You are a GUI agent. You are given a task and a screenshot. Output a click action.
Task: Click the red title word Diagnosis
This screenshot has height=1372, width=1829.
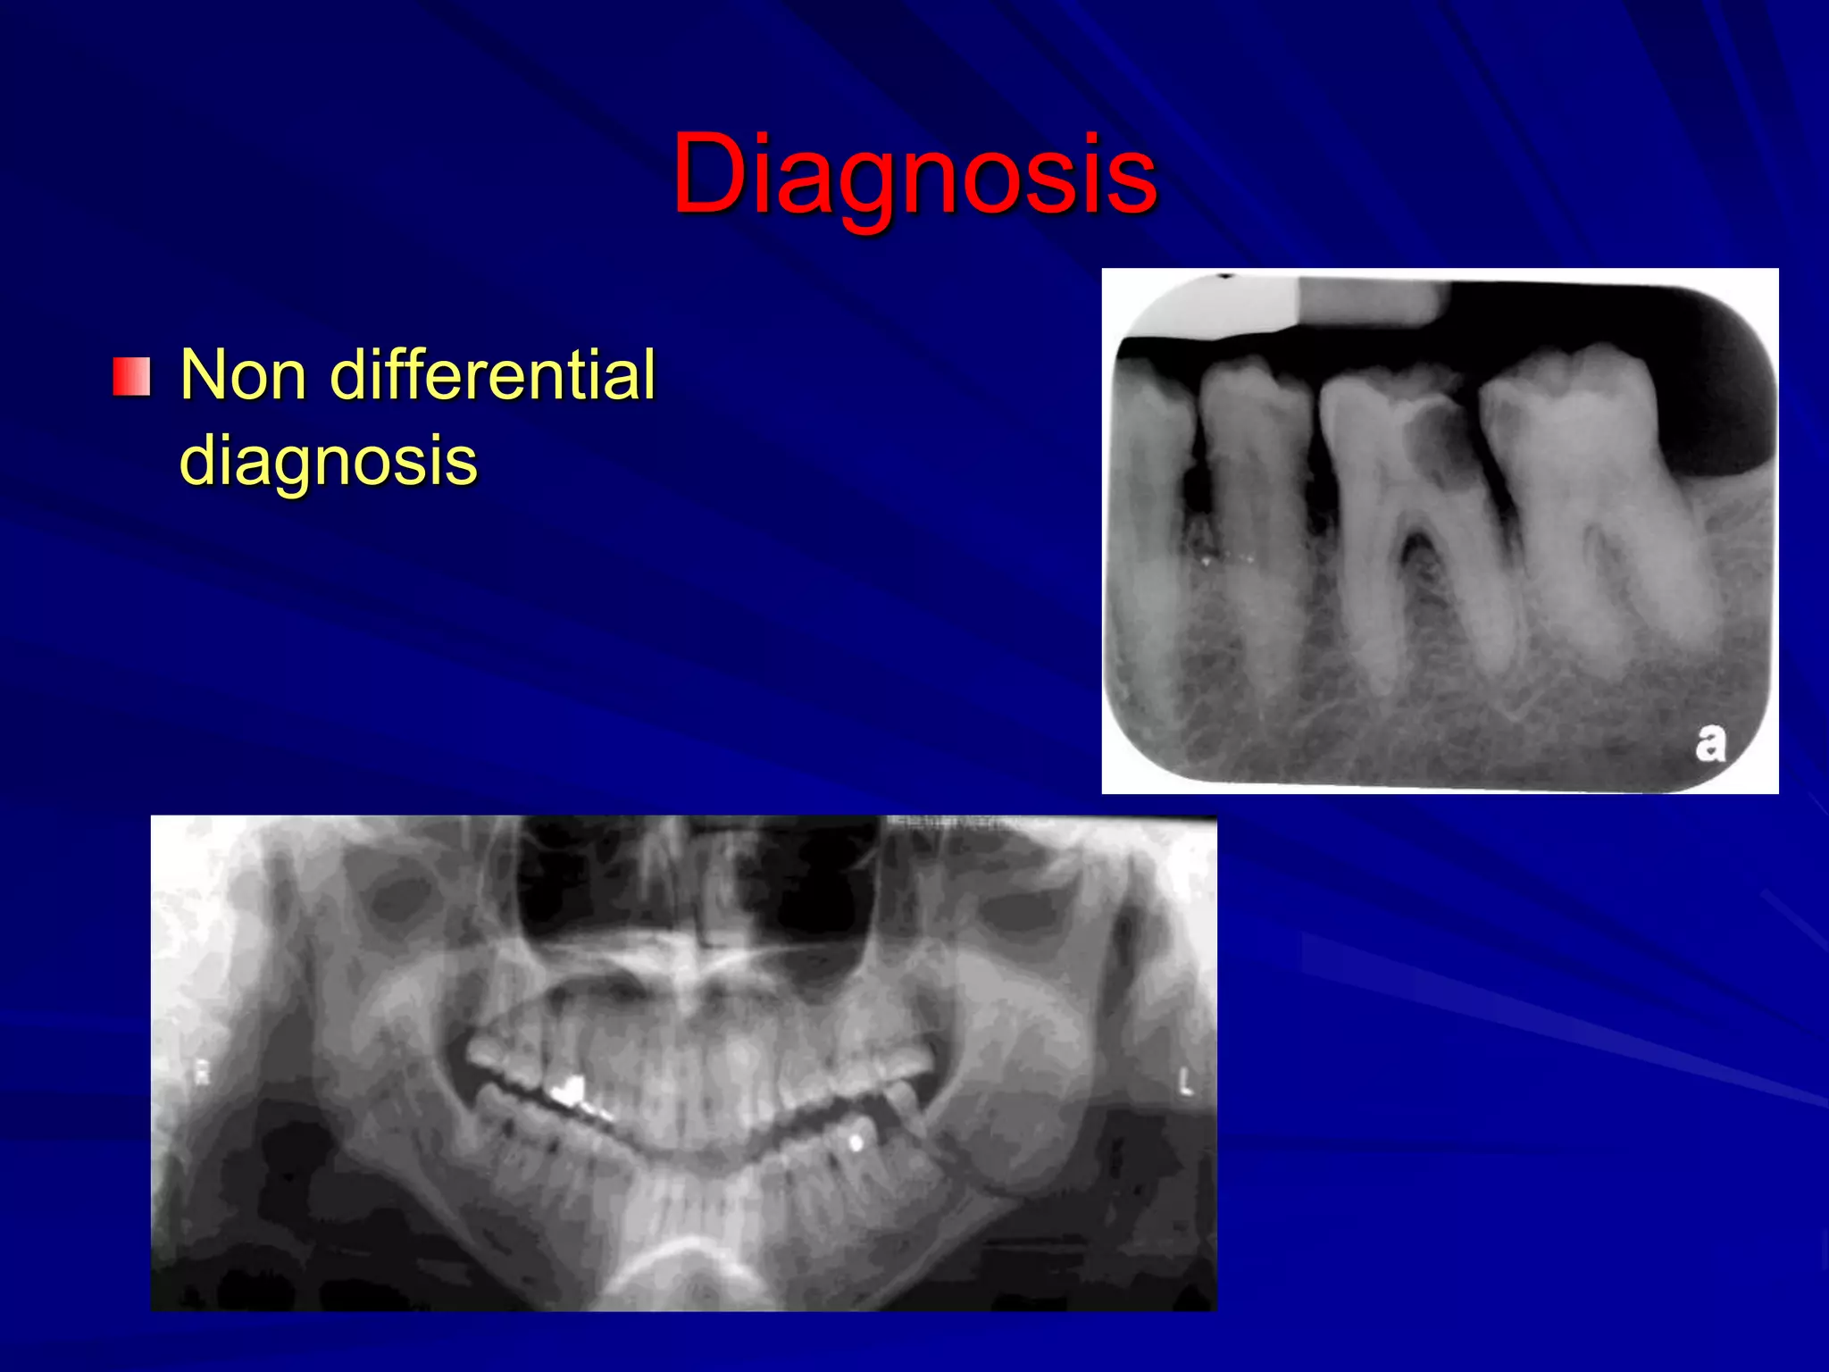click(914, 174)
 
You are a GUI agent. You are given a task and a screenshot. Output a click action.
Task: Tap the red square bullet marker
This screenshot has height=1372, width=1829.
click(131, 377)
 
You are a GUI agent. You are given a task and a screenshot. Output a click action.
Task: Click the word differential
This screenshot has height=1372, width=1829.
click(493, 375)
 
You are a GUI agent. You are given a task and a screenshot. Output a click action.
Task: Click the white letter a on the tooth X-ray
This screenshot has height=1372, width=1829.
click(1709, 744)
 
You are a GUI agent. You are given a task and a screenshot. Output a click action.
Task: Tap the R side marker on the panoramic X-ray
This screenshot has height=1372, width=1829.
click(202, 1075)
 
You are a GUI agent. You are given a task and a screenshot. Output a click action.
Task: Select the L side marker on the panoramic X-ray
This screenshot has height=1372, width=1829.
click(1185, 1083)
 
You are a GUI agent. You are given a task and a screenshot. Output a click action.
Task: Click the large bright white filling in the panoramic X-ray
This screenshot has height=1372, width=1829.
click(566, 1091)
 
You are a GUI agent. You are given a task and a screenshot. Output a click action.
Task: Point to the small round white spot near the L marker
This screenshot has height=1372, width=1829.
click(856, 1142)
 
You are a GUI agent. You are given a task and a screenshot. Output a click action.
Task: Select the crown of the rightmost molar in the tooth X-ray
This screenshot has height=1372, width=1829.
click(1567, 402)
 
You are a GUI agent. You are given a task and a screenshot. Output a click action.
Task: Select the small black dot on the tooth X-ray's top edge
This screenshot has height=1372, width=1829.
click(1226, 276)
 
